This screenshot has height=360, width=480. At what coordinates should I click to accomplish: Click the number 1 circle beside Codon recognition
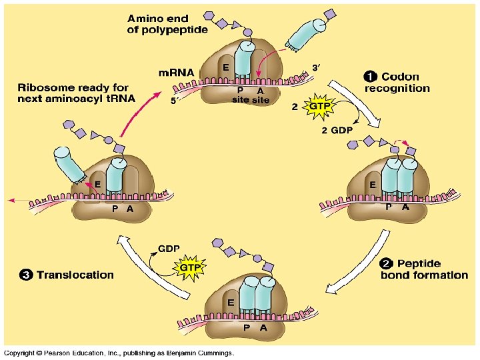[x=371, y=77]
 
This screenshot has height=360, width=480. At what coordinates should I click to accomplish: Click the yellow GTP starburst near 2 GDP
[x=317, y=106]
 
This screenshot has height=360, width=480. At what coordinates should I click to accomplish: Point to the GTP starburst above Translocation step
[x=187, y=267]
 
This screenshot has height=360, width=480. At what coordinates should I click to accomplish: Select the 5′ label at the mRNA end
[x=174, y=102]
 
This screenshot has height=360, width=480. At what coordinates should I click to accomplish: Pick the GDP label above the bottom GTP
[x=169, y=248]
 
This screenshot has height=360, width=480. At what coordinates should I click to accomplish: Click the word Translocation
[x=75, y=275]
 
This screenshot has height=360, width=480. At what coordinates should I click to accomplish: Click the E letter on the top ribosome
[x=226, y=67]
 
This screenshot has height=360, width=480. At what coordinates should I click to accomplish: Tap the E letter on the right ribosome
[x=373, y=183]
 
